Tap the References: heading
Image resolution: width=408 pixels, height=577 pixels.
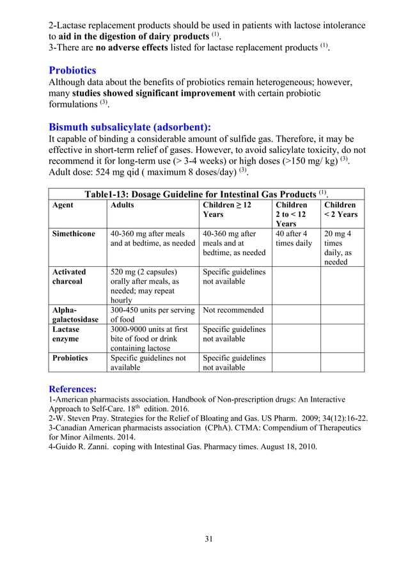(x=73, y=388)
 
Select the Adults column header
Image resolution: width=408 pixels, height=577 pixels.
(x=123, y=205)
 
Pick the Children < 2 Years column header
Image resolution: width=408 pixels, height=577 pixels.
(x=341, y=210)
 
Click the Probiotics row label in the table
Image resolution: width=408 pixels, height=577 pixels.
(x=70, y=358)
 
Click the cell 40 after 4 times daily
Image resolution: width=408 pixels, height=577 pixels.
(x=294, y=239)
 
